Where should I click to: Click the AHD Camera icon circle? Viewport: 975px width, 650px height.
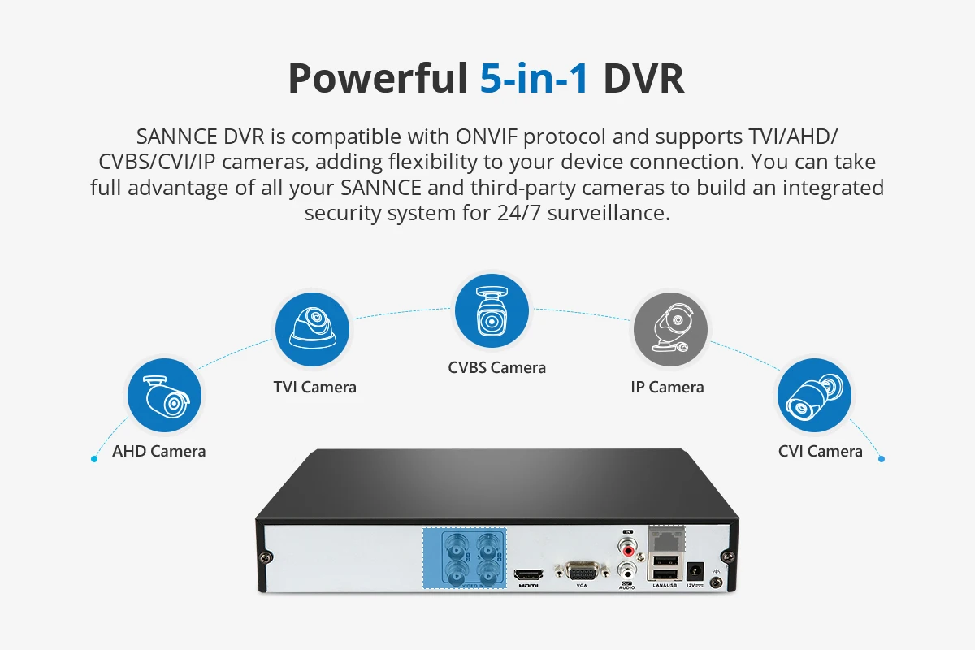[x=163, y=396]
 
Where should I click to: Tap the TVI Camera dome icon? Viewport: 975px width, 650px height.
[x=313, y=329]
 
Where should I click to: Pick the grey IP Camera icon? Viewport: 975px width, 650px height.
[x=670, y=329]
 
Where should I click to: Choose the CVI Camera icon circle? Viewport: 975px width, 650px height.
[x=814, y=396]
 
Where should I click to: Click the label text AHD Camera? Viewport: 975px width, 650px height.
[x=159, y=451]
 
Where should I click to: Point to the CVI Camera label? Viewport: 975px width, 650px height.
[x=820, y=451]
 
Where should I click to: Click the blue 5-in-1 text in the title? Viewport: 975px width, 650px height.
[x=534, y=79]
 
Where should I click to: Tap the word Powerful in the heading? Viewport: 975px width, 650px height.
[x=377, y=79]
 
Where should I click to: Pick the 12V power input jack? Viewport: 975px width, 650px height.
[x=695, y=570]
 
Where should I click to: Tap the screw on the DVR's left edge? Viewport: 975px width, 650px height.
[x=266, y=557]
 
